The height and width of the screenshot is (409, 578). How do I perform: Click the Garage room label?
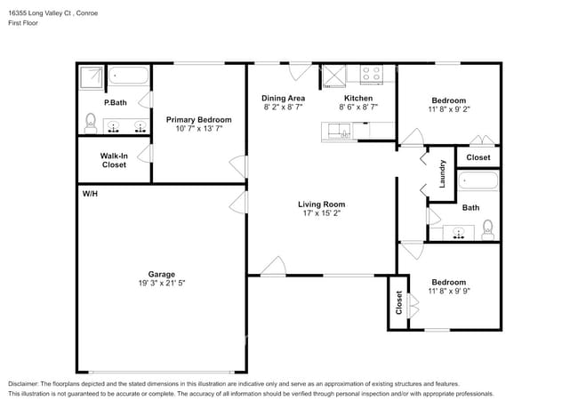[161, 273]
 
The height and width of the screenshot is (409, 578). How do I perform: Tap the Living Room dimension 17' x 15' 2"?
[320, 213]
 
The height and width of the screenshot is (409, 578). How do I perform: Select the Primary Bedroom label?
[199, 120]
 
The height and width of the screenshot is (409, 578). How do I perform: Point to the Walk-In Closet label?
[114, 160]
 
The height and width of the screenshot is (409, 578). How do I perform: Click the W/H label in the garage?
[90, 193]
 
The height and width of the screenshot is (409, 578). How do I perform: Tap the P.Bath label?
[115, 102]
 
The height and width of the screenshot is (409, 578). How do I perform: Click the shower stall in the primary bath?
[92, 78]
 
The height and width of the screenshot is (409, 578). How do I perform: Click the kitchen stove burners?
[371, 75]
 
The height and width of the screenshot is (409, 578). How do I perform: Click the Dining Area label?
[283, 98]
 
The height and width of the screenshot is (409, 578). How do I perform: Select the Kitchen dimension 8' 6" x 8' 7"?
[357, 107]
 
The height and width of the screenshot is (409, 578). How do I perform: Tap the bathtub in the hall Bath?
[478, 183]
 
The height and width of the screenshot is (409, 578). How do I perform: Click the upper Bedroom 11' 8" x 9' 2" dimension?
[448, 109]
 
